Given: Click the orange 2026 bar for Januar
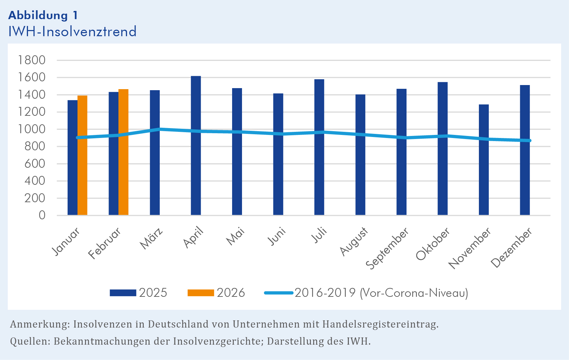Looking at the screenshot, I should (82, 155).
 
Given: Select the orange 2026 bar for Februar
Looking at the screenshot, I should (123, 152).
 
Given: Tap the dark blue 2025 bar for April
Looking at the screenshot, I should (196, 146).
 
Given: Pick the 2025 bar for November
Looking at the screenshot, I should (484, 160).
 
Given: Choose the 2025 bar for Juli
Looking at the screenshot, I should (319, 147).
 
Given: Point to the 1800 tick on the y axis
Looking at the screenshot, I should (32, 60).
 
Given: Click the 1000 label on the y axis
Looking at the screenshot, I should (32, 129).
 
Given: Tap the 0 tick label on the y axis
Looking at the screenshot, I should (42, 215).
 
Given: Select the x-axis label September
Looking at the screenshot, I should (387, 248).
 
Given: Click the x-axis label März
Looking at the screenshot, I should (152, 238).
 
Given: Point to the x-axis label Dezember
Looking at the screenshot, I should (512, 247).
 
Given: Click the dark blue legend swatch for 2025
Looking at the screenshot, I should (123, 293).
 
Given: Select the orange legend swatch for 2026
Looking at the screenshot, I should (201, 293).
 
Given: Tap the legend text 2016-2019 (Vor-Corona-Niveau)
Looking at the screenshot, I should (381, 293).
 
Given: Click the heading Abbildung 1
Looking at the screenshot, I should (43, 15).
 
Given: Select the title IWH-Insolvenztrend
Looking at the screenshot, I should (72, 31).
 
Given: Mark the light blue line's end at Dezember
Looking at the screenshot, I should (529, 140).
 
